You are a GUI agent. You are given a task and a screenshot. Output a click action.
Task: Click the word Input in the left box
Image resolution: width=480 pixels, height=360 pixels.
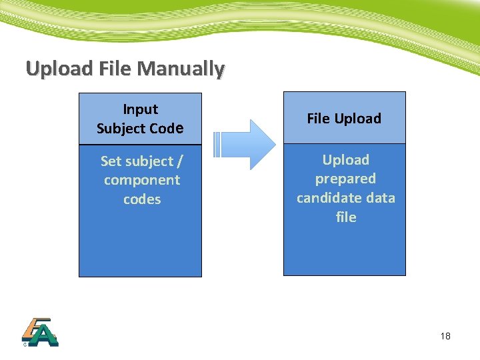pos(141,109)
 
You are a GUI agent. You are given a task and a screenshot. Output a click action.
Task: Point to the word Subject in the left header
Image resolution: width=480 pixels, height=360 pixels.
pos(121,129)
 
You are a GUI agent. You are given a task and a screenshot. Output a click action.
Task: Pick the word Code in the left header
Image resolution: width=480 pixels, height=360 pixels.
pos(167,129)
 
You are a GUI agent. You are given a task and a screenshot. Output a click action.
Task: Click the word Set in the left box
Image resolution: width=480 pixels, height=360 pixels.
pos(111,161)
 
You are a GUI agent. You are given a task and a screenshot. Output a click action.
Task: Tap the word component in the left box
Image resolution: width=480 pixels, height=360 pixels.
pos(141,180)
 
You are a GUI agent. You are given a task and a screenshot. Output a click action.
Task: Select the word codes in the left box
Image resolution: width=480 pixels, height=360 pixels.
pos(141,199)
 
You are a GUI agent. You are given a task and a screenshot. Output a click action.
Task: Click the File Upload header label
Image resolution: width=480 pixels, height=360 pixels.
pos(344,119)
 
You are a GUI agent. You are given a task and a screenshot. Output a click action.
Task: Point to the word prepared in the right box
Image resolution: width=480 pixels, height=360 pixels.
pos(345,179)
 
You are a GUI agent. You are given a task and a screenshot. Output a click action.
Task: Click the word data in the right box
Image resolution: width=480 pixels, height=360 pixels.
pos(380,198)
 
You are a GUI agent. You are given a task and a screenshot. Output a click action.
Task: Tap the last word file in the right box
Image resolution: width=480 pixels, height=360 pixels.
pos(346,217)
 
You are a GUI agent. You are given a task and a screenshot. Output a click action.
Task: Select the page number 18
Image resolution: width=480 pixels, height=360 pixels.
pos(445,337)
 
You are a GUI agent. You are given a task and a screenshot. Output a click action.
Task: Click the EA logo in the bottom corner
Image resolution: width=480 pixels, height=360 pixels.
pos(39,331)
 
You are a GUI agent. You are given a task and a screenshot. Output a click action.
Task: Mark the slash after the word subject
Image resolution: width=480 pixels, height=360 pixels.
pos(179,161)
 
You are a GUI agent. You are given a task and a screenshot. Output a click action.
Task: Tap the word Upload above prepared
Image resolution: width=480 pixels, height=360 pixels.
pos(345,160)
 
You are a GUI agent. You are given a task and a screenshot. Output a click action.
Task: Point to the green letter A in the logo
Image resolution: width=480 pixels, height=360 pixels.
pos(45,335)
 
